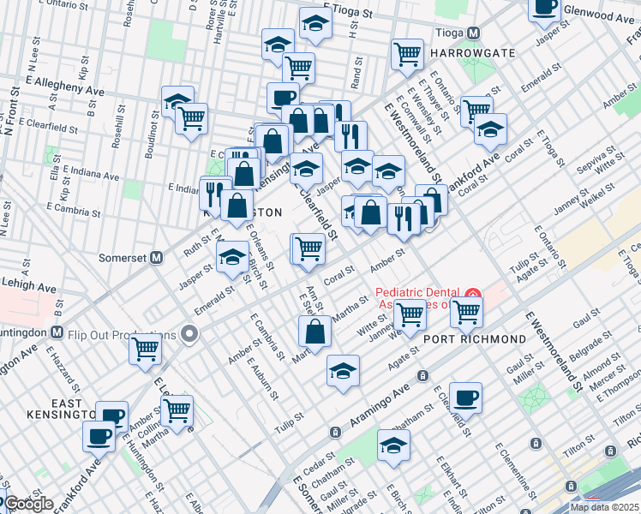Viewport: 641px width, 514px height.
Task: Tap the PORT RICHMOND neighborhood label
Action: coord(475,339)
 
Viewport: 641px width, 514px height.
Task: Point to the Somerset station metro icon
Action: coord(157,256)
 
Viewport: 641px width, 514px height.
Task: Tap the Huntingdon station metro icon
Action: coord(57,332)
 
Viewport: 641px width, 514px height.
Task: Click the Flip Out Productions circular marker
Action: coord(191,334)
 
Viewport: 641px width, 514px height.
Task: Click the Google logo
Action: coord(28,504)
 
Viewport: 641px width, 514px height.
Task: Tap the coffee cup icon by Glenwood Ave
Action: coord(542,9)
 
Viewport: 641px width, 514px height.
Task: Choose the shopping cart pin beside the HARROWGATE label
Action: coord(408,54)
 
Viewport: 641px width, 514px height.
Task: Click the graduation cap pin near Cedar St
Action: coord(394,446)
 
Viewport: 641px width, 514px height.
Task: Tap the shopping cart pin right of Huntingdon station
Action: coord(146,349)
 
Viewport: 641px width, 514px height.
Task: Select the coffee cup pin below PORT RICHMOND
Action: coord(465,397)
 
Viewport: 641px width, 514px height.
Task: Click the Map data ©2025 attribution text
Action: coord(604,507)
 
